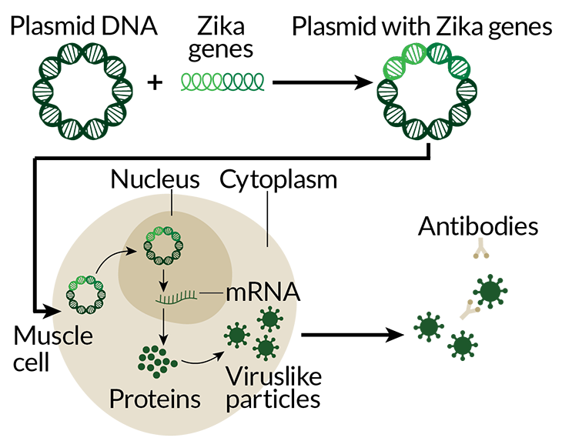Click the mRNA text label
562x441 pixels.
[261, 293]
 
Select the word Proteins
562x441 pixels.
[155, 399]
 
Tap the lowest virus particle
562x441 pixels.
[266, 348]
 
